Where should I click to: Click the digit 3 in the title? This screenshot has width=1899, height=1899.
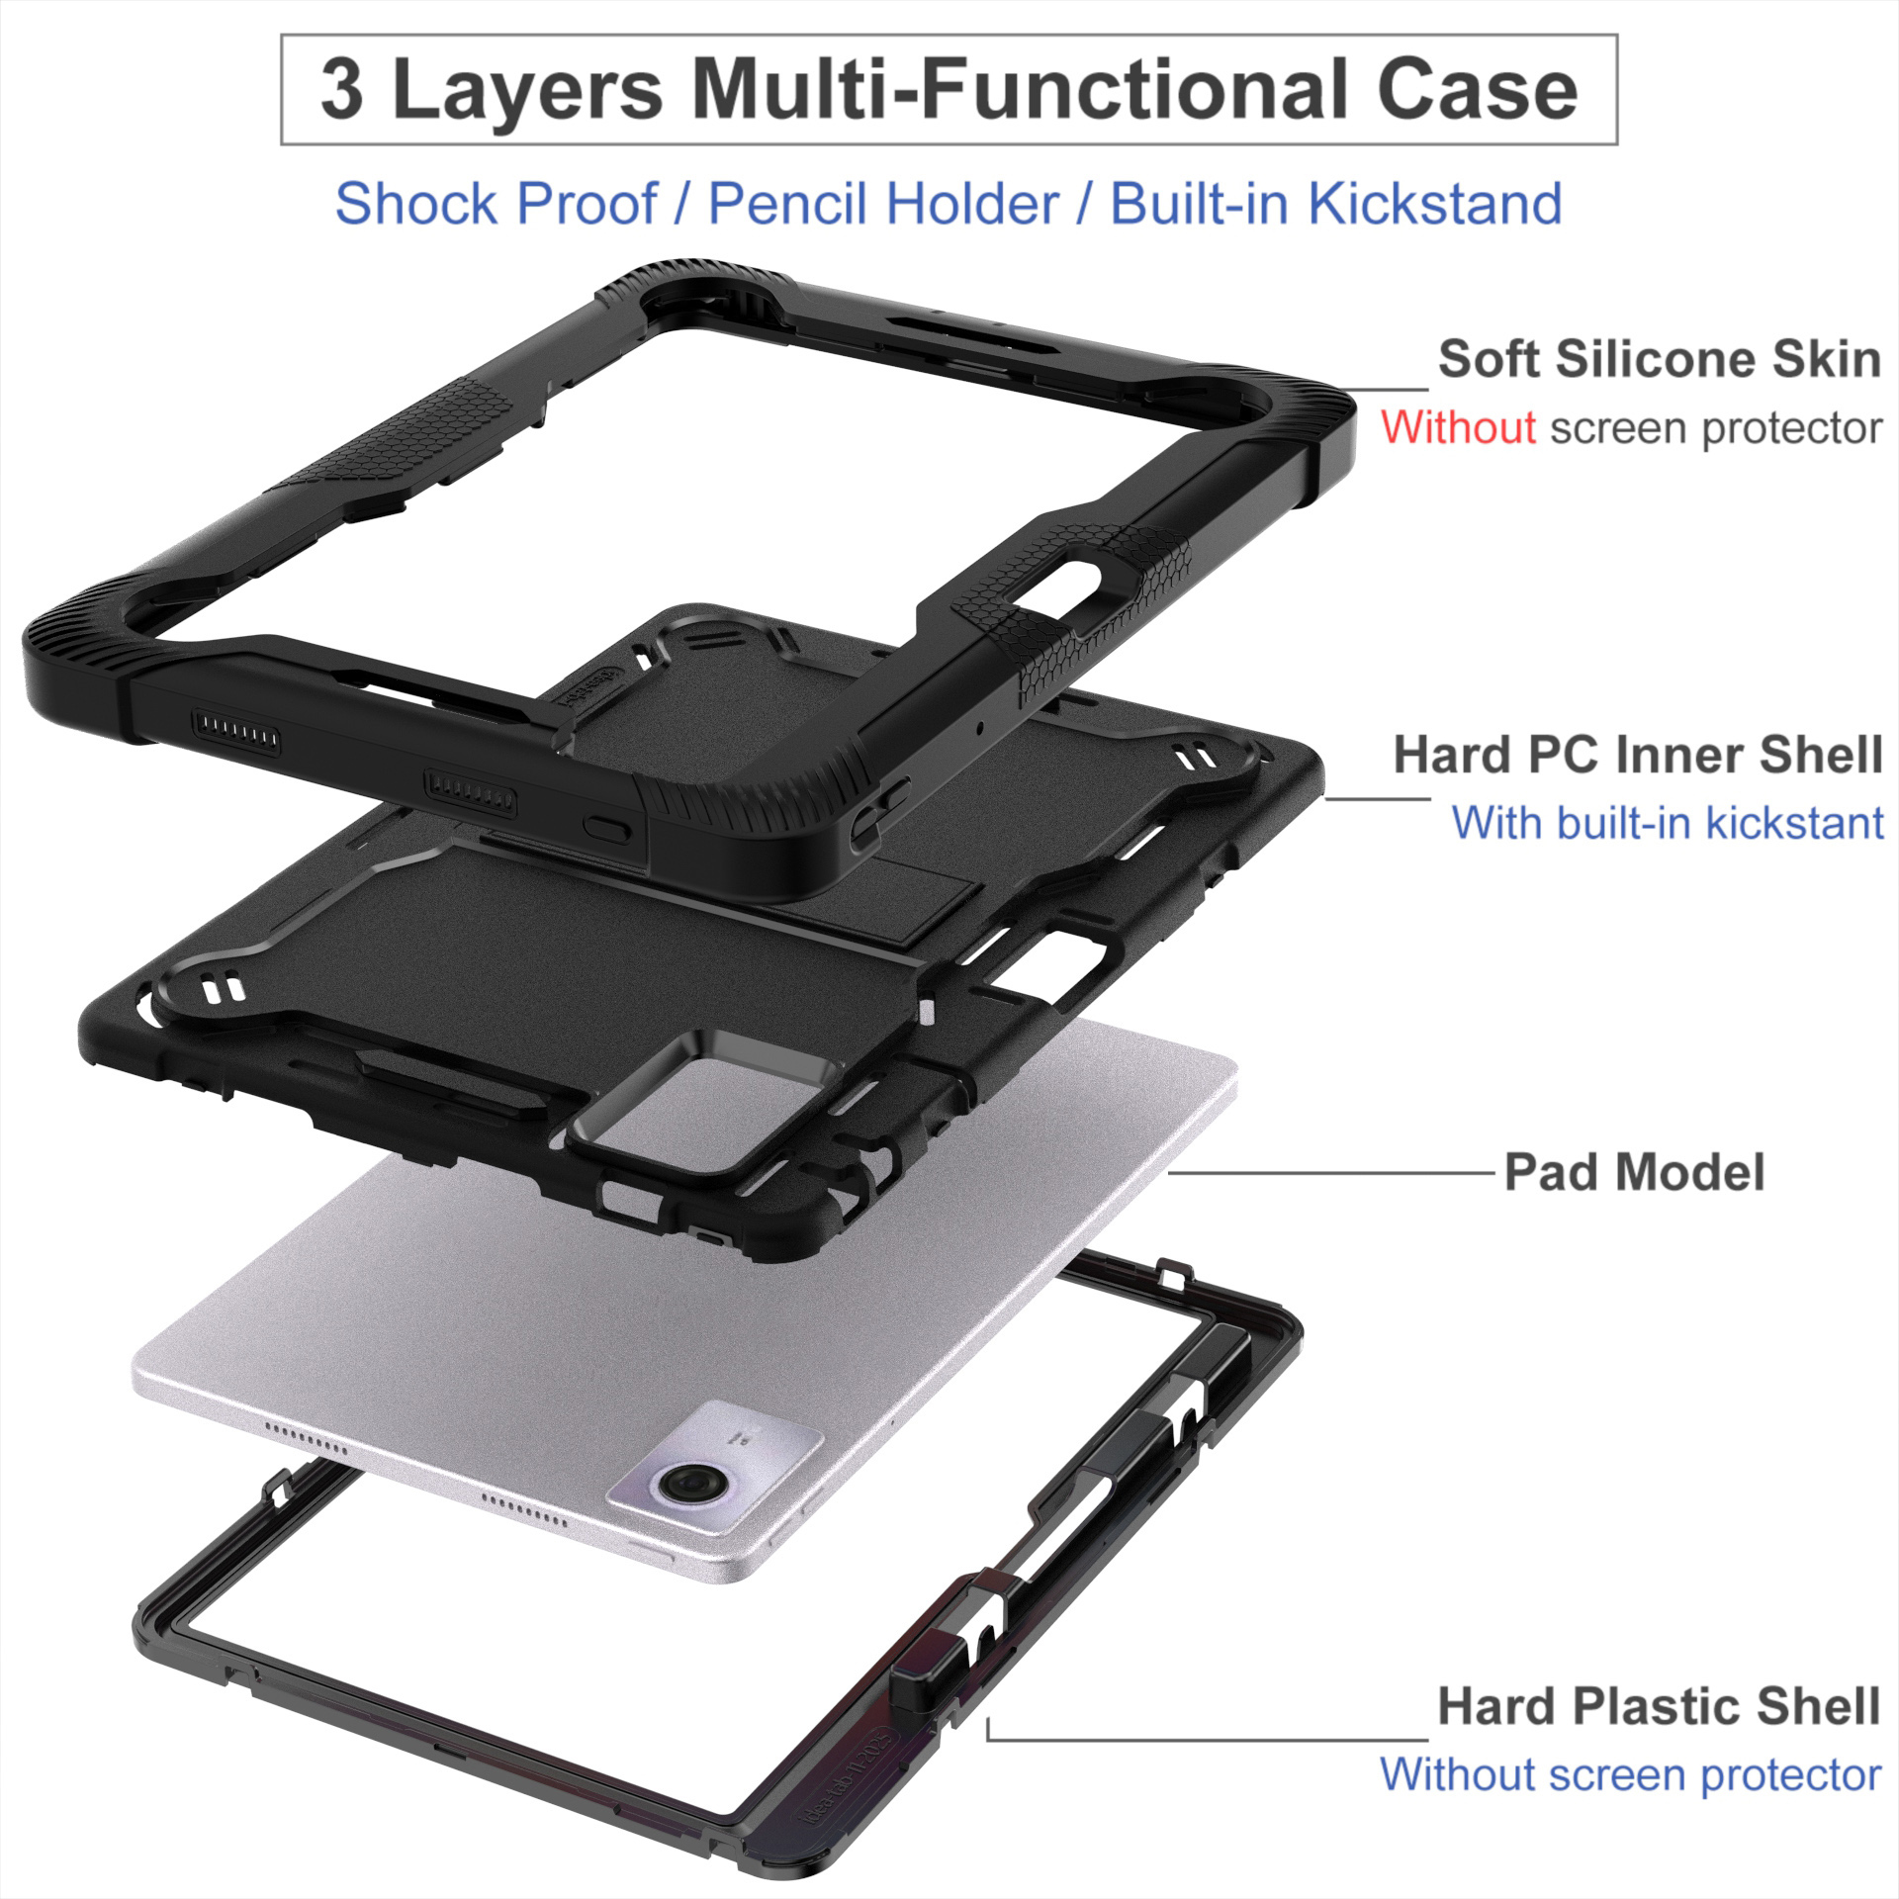click(341, 91)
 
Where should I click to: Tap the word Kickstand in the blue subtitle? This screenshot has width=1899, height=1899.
click(1435, 203)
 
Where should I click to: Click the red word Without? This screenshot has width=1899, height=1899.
click(1459, 427)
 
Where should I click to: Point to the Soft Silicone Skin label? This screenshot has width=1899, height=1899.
click(1660, 358)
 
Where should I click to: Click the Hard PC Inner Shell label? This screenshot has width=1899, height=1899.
click(1638, 756)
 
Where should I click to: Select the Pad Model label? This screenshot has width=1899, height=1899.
click(1634, 1173)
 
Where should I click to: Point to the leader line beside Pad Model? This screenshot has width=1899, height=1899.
click(1331, 1174)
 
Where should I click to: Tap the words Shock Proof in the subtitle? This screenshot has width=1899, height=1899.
click(496, 203)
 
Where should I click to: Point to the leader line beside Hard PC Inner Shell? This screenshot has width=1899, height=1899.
click(1377, 797)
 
